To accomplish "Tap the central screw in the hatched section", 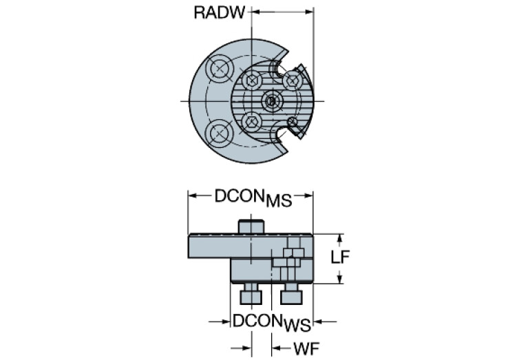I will (x=273, y=101).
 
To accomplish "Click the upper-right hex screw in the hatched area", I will (x=292, y=81).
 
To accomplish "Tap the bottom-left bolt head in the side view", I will (x=249, y=296).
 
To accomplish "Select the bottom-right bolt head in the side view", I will (x=292, y=296).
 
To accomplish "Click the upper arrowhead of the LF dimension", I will (x=339, y=237).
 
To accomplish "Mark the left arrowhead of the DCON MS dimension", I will (x=193, y=195).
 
